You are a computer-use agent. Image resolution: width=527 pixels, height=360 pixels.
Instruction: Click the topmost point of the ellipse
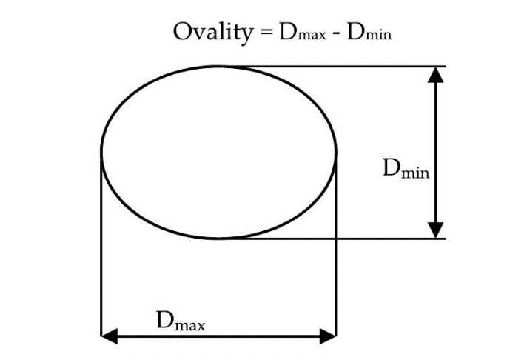pyautogui.click(x=218, y=66)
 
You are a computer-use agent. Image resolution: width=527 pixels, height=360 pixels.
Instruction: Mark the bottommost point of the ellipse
pyautogui.click(x=218, y=239)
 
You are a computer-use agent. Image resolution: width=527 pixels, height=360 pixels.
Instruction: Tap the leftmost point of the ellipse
pyautogui.click(x=101, y=153)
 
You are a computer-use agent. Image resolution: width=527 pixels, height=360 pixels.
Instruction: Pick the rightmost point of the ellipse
pyautogui.click(x=337, y=153)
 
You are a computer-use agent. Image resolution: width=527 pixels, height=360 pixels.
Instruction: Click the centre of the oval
pyautogui.click(x=218, y=153)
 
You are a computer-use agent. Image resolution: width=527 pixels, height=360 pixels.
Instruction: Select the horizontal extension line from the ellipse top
pyautogui.click(x=333, y=66)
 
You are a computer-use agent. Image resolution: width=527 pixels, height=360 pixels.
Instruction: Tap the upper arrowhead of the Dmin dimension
pyautogui.click(x=437, y=74)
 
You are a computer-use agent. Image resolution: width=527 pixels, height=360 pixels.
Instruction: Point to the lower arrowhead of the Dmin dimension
pyautogui.click(x=437, y=230)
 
